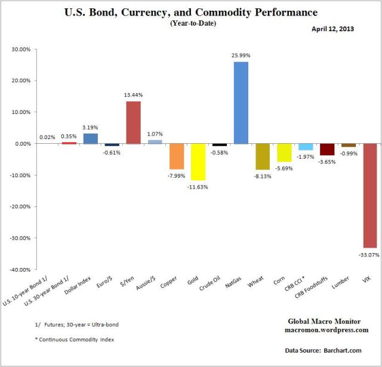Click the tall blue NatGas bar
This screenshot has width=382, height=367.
[241, 103]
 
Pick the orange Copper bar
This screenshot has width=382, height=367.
[177, 156]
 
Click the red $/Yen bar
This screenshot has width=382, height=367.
[133, 122]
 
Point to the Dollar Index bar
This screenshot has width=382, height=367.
[90, 138]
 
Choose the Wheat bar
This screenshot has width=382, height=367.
[263, 156]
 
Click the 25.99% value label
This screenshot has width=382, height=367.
[241, 55]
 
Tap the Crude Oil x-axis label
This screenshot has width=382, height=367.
[212, 288]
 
